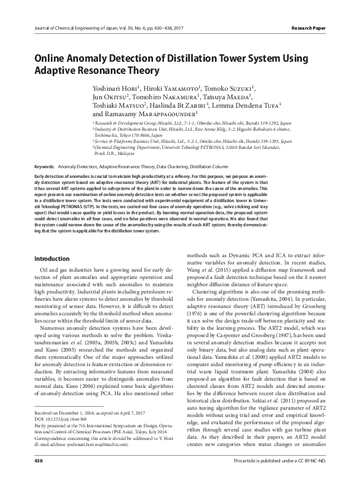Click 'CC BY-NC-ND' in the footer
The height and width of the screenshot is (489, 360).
309,479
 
